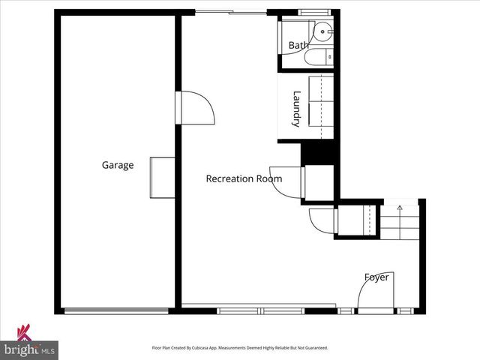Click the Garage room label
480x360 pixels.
pos(118,165)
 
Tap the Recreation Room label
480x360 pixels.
pos(244,178)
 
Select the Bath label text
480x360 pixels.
pos(298,46)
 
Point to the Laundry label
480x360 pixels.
pos(297,109)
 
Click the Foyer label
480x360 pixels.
pos(376,277)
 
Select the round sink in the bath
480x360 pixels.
pos(323,31)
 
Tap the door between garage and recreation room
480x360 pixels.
pos(196,107)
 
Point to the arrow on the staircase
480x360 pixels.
pos(400,208)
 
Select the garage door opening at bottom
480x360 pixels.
pos(116,310)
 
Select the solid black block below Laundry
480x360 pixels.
pos(316,152)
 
